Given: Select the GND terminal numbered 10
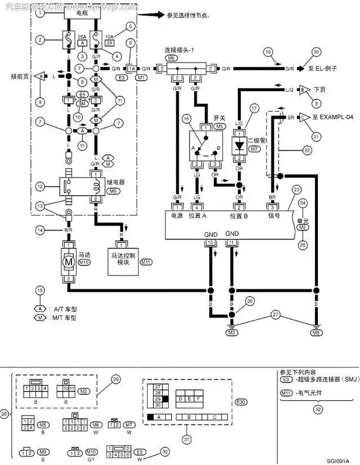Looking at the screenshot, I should click(x=210, y=242).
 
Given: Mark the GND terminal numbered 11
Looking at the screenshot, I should click(x=232, y=242).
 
